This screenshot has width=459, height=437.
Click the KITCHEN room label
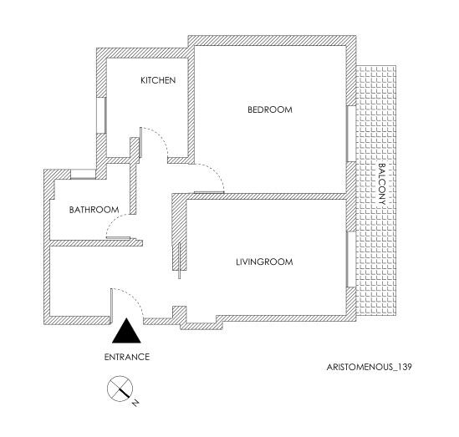point(158,80)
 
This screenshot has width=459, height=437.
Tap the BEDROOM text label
point(270,109)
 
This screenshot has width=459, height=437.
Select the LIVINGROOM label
point(264,262)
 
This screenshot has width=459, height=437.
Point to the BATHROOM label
point(94,210)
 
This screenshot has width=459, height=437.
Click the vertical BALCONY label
point(382,184)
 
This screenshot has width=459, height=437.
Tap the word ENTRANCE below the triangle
point(127,357)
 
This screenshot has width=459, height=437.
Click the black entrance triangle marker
point(126,331)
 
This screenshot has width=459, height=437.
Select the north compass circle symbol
point(120,389)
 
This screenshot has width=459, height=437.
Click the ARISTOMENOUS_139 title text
point(370,367)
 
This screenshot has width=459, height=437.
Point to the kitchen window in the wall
point(101,115)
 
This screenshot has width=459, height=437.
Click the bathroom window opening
point(83,174)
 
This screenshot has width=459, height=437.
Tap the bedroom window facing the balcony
point(351,134)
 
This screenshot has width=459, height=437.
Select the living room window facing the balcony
point(351,260)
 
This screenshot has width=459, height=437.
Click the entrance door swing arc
point(135,296)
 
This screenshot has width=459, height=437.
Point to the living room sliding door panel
point(180,261)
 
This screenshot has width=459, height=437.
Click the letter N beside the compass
point(135,403)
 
